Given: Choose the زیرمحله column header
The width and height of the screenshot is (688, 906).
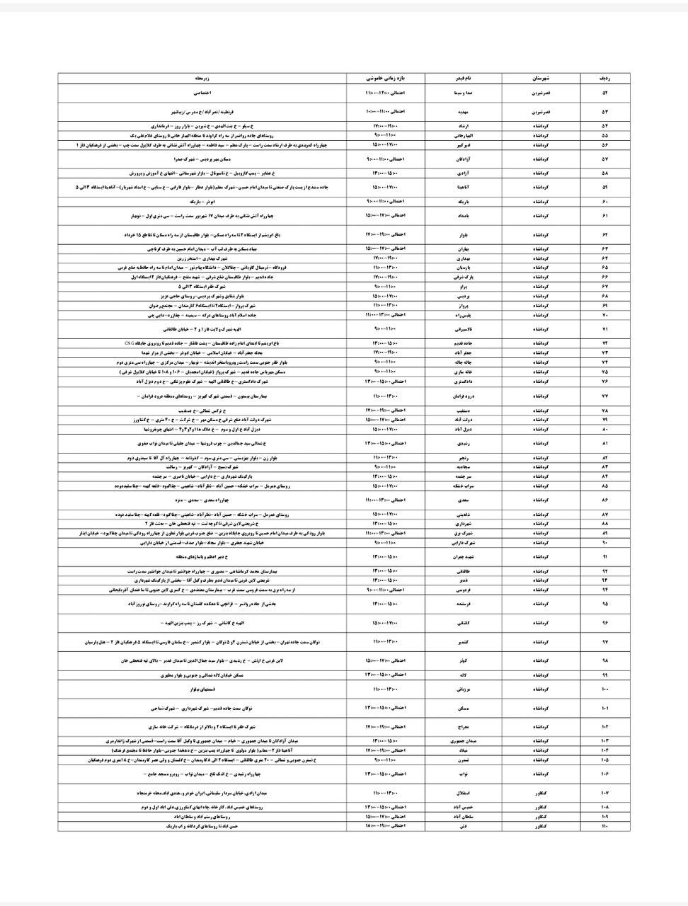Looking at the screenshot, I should pos(202,77).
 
